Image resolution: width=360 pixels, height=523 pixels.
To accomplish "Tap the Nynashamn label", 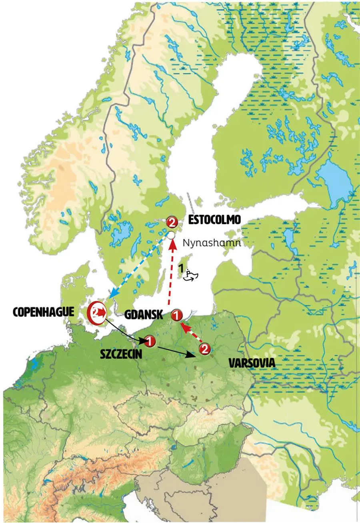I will pos(212,243).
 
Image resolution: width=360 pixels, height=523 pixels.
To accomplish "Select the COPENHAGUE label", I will pos(44,313).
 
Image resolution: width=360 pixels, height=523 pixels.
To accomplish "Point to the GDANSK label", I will pos(143,315).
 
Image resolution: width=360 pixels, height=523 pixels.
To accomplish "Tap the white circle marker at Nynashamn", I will pos(171,235).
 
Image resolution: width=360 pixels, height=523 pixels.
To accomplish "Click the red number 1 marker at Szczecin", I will pos(149,341).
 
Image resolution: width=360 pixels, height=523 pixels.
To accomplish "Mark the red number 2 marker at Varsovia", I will pos(204,349).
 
